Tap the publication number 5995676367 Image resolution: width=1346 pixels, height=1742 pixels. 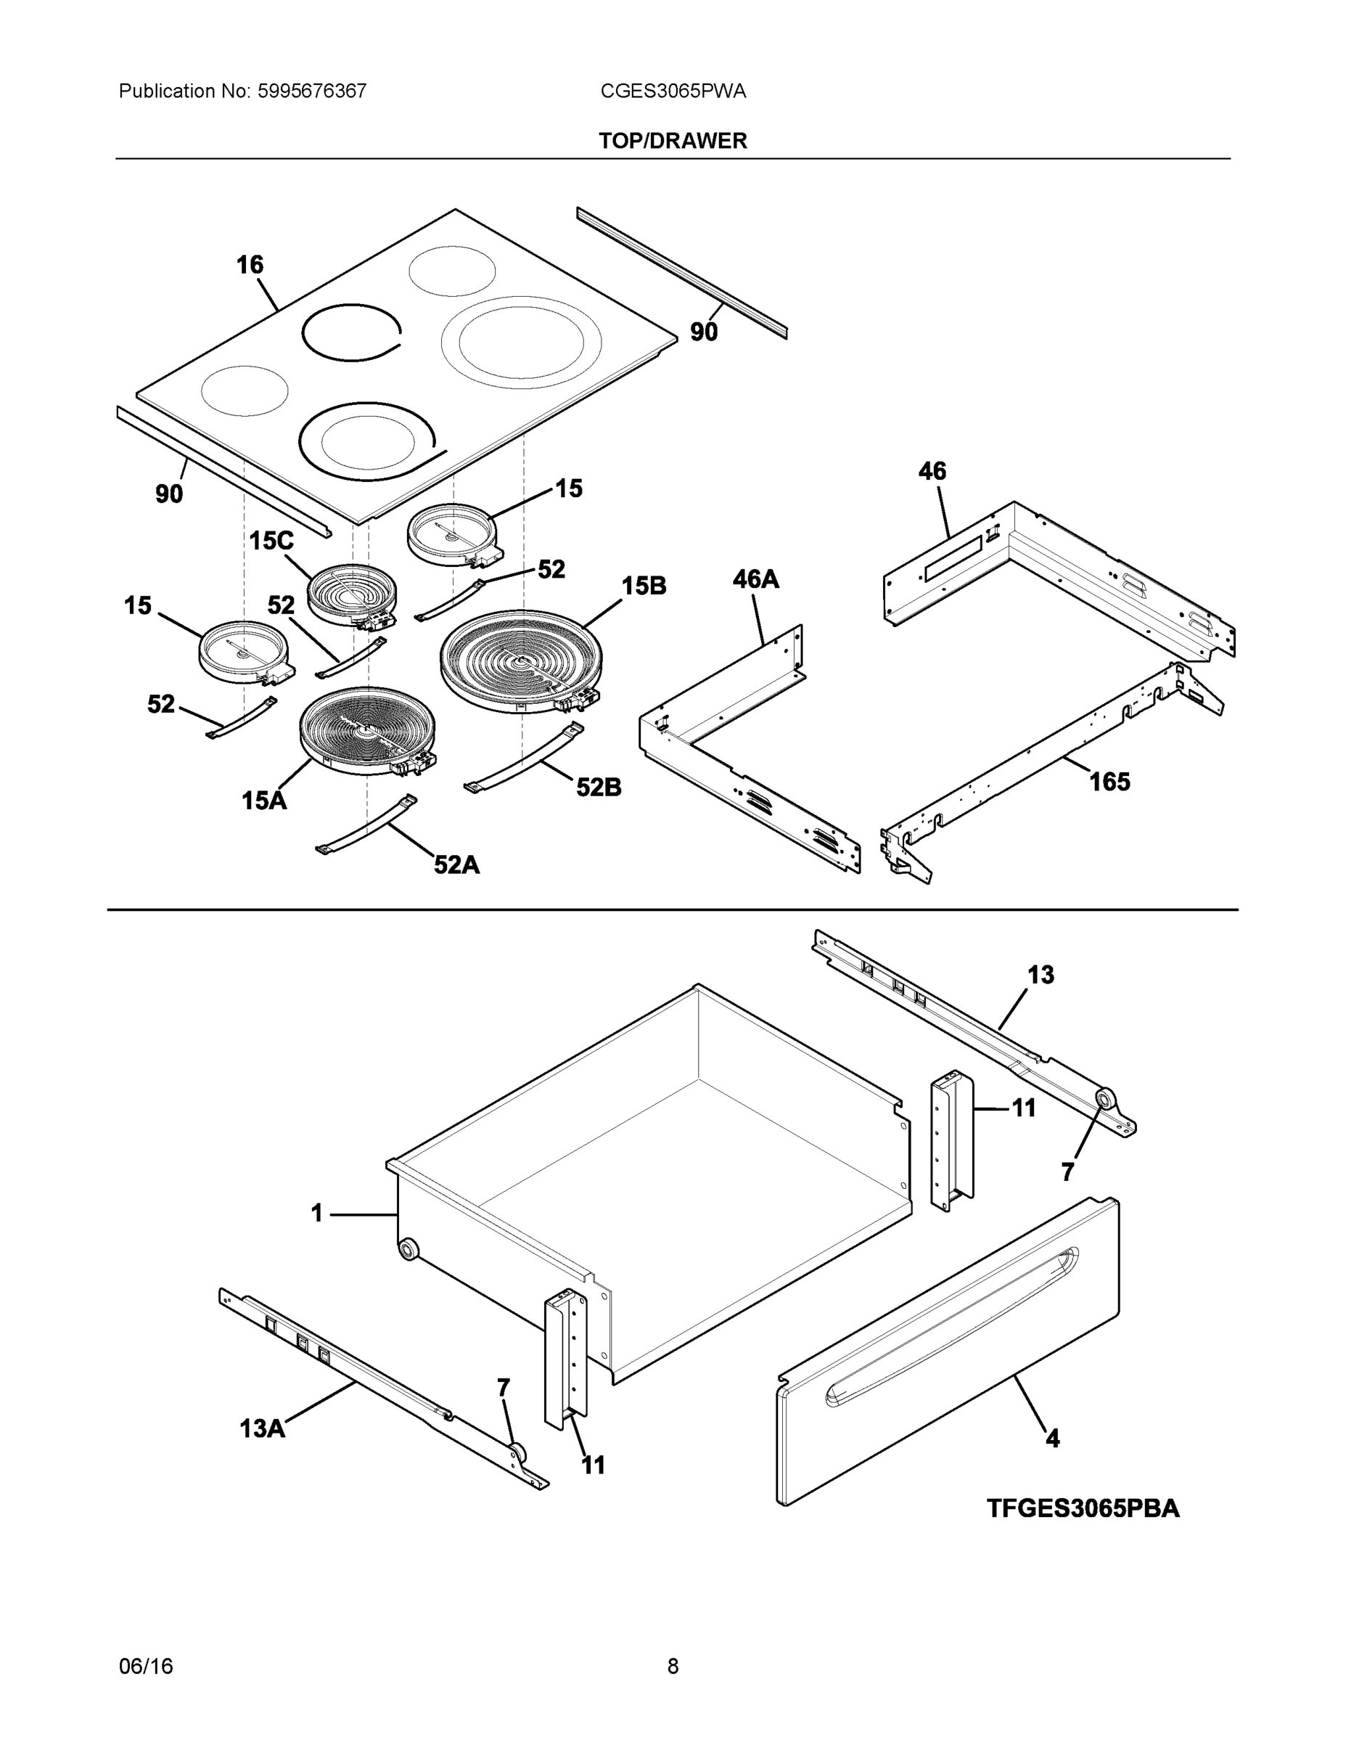[x=311, y=91]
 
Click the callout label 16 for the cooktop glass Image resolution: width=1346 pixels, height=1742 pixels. [x=250, y=265]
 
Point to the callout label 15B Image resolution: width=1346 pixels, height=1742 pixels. [x=644, y=586]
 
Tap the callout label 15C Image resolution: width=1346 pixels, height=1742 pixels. [x=271, y=541]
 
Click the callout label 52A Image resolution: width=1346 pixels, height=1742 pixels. [x=456, y=864]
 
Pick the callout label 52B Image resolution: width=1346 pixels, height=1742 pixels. [x=599, y=788]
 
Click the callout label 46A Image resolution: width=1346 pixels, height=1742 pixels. [x=755, y=579]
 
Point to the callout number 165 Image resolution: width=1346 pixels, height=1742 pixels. [x=1109, y=782]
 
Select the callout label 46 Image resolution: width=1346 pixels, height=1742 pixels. [x=932, y=471]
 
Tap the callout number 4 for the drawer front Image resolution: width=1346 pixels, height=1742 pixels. [x=1053, y=1438]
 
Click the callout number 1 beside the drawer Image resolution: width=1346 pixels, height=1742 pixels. [x=316, y=1213]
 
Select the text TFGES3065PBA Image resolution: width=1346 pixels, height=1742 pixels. [x=1083, y=1508]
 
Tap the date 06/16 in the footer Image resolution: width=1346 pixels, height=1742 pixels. [x=146, y=1666]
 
